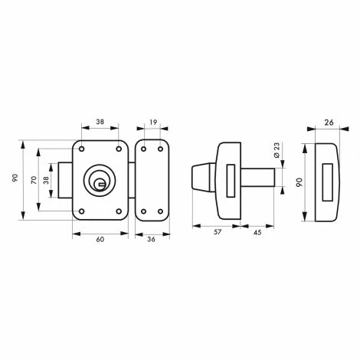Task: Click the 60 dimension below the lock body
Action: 99,240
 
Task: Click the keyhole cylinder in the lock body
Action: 100,180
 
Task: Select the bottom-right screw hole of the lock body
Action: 119,211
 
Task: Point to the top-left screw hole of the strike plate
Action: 142,148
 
